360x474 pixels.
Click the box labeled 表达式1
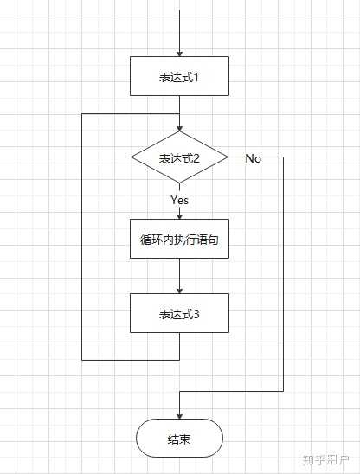click(179, 76)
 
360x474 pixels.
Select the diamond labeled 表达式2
click(179, 158)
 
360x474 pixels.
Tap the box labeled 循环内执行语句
click(179, 242)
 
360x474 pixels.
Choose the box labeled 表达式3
click(179, 313)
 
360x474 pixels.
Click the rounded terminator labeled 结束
click(179, 439)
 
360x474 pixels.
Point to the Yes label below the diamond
click(179, 200)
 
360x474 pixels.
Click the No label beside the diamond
click(254, 158)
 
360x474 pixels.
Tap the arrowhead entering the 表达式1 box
click(179, 53)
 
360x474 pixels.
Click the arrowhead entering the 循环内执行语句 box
click(179, 215)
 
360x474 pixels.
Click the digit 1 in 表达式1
click(197, 76)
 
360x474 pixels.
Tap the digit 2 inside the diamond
click(197, 158)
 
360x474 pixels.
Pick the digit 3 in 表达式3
click(197, 313)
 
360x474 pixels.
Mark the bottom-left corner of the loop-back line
click(81, 359)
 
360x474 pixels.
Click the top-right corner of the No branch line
click(284, 158)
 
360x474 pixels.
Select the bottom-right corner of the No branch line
click(284, 390)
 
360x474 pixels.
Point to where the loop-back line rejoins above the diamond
click(179, 113)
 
